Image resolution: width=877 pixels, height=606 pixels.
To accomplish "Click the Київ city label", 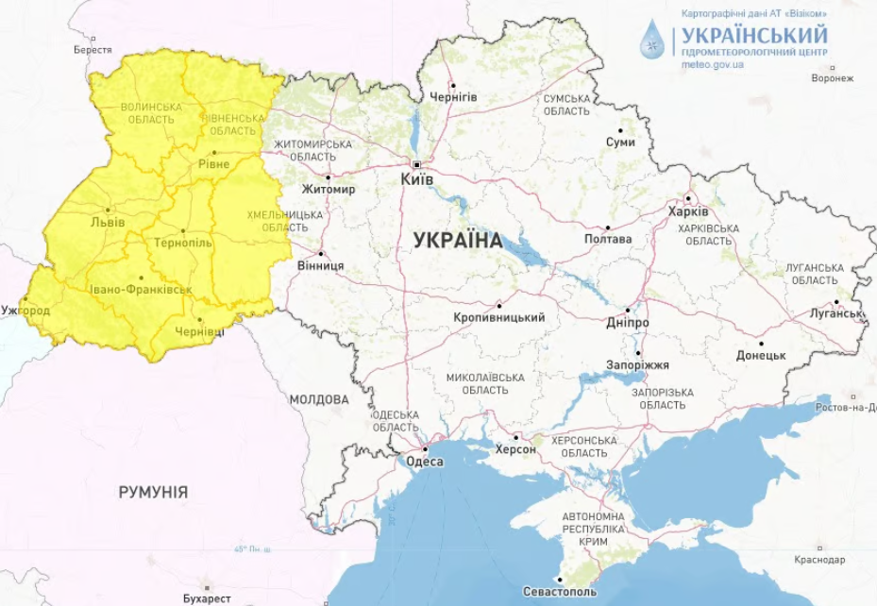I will [417, 178].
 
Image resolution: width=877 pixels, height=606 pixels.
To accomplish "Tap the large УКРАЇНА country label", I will [458, 241].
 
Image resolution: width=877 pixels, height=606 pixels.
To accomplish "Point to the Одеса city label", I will [424, 462].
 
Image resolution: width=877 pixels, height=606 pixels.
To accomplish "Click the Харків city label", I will [687, 211].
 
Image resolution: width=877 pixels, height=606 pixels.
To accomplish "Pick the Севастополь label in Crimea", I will [559, 592].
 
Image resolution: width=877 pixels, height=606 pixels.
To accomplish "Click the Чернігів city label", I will [453, 97].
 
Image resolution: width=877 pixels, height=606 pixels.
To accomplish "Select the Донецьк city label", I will [761, 355].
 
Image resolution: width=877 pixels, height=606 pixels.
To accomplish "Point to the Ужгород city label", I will [25, 310].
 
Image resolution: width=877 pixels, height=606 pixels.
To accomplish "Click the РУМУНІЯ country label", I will [153, 492].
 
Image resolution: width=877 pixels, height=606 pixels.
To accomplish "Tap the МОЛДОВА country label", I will [318, 399].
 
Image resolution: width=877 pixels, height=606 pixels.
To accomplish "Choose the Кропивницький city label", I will [499, 317].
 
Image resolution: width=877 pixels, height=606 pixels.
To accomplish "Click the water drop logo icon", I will [651, 40].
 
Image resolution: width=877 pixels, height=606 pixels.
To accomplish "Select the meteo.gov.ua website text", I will [713, 65].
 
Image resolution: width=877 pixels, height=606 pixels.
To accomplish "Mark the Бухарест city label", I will [207, 598].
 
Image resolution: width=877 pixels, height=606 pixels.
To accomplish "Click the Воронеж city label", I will [832, 78].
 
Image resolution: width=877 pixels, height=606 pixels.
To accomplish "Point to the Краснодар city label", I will [819, 560].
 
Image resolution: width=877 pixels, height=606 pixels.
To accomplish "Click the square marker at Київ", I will [415, 164].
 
